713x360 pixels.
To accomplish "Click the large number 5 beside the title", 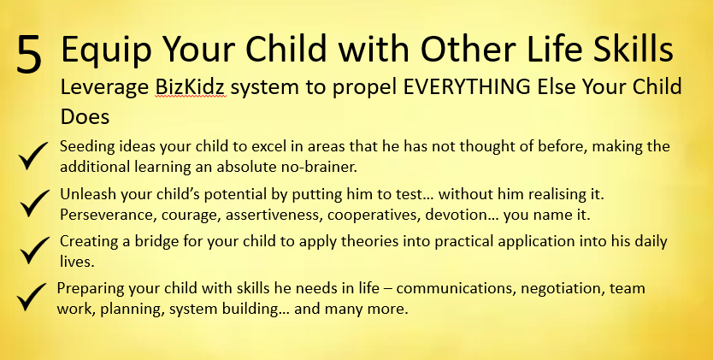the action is (x=29, y=54).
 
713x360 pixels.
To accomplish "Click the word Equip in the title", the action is (x=106, y=49).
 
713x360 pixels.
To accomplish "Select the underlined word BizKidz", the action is (x=190, y=87).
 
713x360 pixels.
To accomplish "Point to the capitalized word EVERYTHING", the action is (x=467, y=86).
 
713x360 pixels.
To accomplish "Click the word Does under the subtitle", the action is (x=85, y=117).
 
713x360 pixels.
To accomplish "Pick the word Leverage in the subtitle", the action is (x=104, y=88).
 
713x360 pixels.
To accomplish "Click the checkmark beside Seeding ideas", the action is (x=33, y=156).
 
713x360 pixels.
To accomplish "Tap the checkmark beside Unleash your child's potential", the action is (x=34, y=203).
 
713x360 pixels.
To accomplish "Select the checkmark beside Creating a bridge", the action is (x=34, y=250).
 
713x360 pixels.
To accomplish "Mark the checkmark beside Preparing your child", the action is (x=32, y=297).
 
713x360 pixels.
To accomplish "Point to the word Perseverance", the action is (x=109, y=215).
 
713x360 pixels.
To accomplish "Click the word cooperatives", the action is (x=373, y=215).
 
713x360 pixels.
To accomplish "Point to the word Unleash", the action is (x=88, y=194).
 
